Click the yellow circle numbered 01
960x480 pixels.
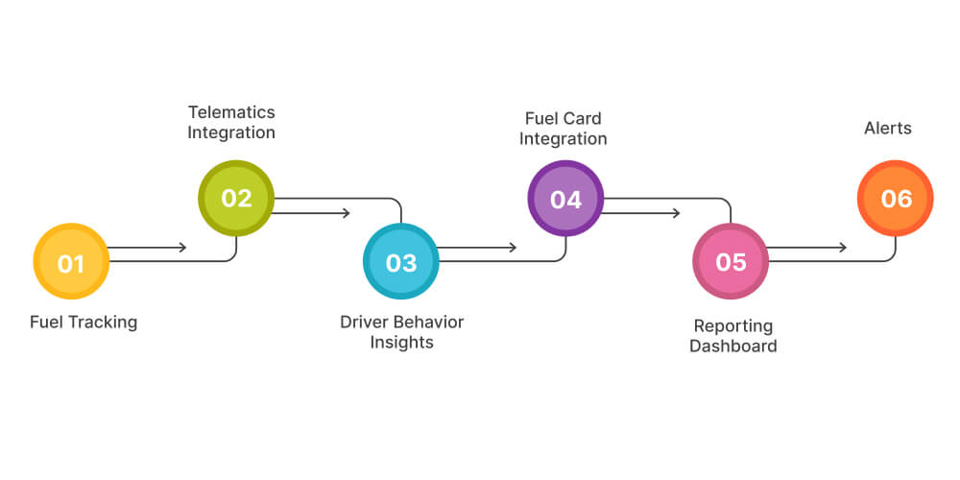click(x=71, y=262)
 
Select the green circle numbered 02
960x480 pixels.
click(x=236, y=198)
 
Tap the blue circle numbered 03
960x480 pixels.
click(x=401, y=262)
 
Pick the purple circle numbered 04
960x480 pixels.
click(x=565, y=199)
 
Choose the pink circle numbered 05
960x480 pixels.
click(x=731, y=262)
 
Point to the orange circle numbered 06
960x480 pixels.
click(x=895, y=199)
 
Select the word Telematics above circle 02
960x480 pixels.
click(x=231, y=112)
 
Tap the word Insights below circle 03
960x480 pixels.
click(x=401, y=343)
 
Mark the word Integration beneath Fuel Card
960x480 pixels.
click(x=564, y=138)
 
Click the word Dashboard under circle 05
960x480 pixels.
click(x=733, y=347)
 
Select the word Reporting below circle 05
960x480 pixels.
click(x=733, y=326)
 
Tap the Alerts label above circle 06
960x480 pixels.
click(x=888, y=128)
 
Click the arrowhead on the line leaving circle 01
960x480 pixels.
click(x=182, y=248)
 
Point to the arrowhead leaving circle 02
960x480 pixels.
click(x=347, y=213)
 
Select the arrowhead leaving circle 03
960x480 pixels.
click(x=513, y=248)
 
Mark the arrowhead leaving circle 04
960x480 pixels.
click(x=677, y=213)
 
